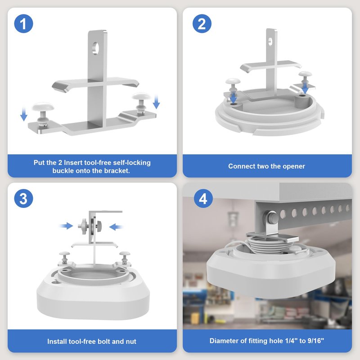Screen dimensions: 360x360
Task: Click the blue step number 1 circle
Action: pyautogui.click(x=23, y=24)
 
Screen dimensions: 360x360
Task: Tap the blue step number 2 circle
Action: pyautogui.click(x=202, y=24)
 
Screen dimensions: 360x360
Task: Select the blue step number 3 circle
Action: pyautogui.click(x=23, y=198)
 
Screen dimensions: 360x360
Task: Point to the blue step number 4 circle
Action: pyautogui.click(x=203, y=198)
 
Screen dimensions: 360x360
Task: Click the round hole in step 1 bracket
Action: pyautogui.click(x=95, y=48)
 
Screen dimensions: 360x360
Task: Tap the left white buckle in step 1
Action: pyautogui.click(x=43, y=113)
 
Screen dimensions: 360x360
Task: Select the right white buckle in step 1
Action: pyautogui.click(x=141, y=102)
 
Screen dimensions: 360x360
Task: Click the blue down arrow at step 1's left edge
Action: pyautogui.click(x=24, y=114)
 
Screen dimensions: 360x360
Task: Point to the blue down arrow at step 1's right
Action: pyautogui.click(x=156, y=101)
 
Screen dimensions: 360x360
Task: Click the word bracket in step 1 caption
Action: pyautogui.click(x=116, y=171)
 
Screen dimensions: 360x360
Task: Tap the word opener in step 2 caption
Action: pyautogui.click(x=294, y=166)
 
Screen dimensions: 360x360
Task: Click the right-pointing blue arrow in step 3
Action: pyautogui.click(x=66, y=226)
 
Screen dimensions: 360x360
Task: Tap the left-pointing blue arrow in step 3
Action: pyautogui.click(x=116, y=227)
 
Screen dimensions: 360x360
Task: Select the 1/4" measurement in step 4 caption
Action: pyautogui.click(x=291, y=341)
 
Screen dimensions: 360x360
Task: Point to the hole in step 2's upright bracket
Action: pyautogui.click(x=270, y=41)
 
